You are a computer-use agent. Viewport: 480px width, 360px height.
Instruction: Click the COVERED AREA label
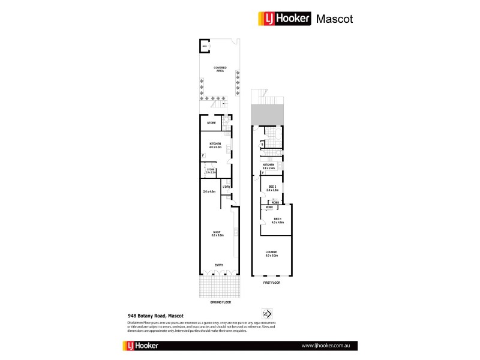(x=220, y=69)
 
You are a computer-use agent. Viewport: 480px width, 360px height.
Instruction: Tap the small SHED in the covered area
(x=205, y=46)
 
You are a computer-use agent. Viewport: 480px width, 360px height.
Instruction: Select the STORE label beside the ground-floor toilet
(x=212, y=123)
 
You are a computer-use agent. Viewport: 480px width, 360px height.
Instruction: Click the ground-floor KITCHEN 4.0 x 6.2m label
(x=215, y=146)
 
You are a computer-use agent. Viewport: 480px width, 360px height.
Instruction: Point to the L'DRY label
(x=227, y=187)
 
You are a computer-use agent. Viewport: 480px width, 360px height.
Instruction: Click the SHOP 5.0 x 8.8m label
(x=217, y=233)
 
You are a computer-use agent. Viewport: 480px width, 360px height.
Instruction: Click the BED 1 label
(x=277, y=220)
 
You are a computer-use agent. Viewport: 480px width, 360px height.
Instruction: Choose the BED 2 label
(x=272, y=188)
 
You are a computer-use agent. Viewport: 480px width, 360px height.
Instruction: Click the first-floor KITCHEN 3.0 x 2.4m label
(x=268, y=166)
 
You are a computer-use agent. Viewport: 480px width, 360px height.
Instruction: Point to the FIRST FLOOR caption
(x=272, y=282)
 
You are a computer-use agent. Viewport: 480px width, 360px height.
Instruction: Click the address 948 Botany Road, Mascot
(x=155, y=315)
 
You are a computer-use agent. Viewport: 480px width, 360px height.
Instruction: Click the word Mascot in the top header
(x=335, y=19)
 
